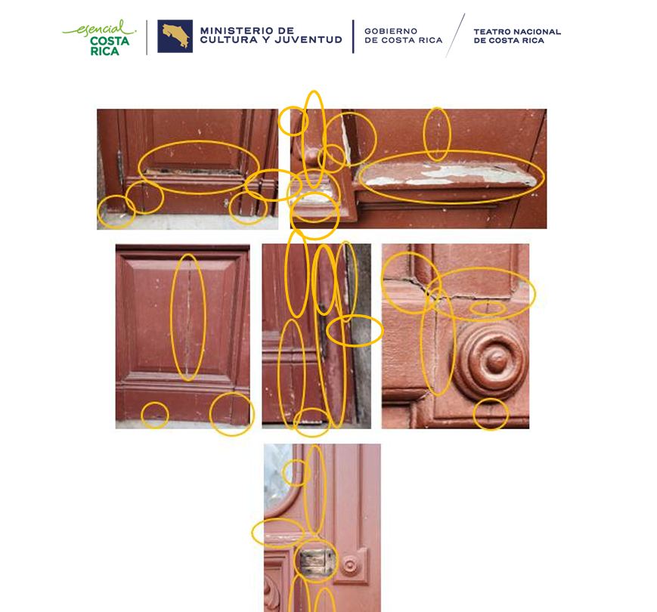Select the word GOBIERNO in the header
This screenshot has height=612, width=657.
coord(391,31)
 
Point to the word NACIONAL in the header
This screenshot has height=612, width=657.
coord(538,32)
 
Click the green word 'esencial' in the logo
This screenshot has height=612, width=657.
coord(99,29)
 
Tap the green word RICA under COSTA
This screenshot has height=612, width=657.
coord(105,51)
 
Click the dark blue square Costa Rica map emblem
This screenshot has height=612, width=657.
coord(175,36)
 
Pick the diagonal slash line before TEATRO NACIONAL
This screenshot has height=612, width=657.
coord(455,36)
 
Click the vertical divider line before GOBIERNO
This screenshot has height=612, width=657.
coord(353,36)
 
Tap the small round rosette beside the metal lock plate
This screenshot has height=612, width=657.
coord(350,566)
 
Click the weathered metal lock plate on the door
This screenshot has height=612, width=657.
coord(316,563)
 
